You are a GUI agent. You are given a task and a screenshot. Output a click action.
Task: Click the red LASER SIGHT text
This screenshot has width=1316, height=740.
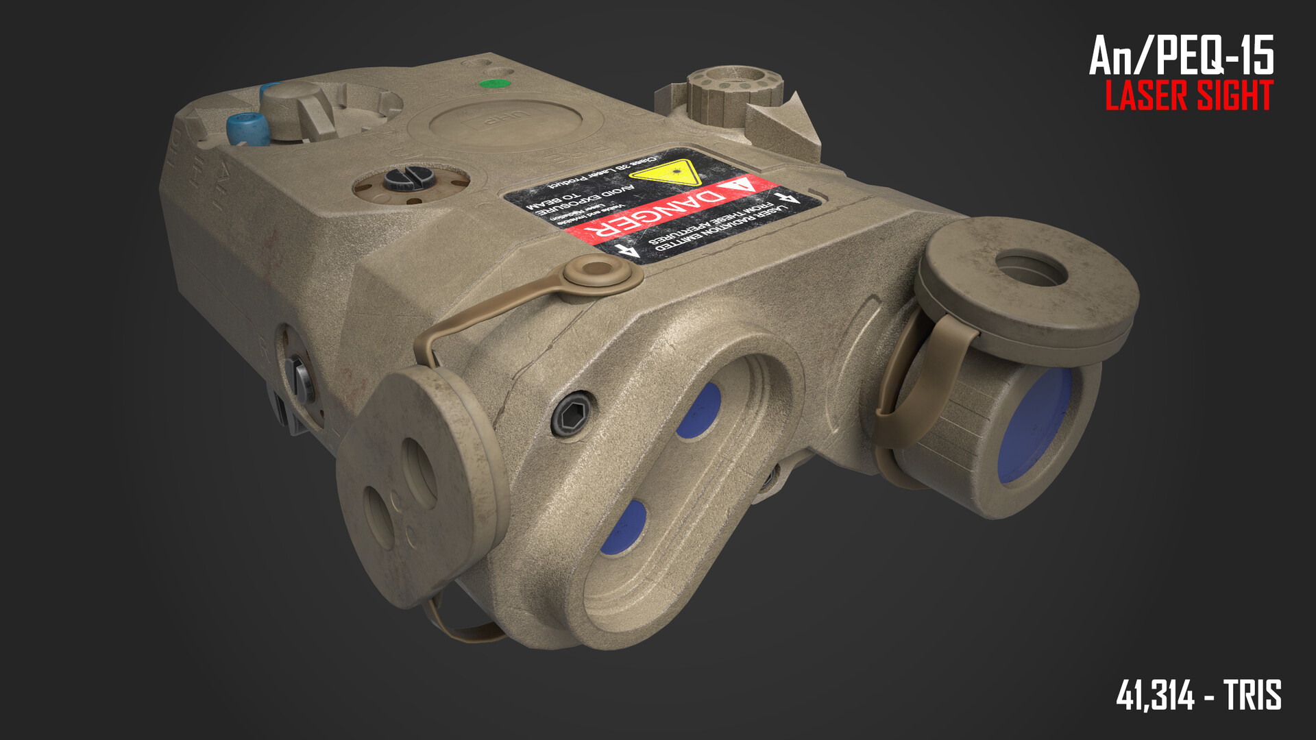pos(1189,96)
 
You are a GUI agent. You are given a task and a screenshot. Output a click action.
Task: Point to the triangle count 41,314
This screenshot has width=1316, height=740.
pos(1156,695)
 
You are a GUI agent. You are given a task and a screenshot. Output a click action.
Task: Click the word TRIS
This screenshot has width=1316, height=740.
pos(1253,695)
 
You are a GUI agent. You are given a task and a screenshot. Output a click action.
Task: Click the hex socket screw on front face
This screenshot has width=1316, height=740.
pos(572,412)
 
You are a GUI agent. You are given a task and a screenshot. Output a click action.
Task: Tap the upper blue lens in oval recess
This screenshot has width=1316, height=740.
pos(699,410)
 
